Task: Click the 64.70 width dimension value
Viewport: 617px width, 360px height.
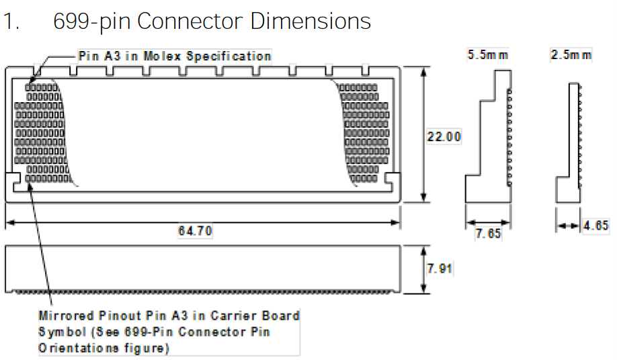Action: (x=195, y=231)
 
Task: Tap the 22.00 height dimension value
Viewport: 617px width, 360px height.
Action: (x=444, y=137)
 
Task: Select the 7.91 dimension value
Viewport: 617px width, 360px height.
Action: (x=440, y=269)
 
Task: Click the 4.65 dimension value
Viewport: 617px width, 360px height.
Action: (x=595, y=226)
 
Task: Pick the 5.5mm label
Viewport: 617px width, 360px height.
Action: (x=488, y=55)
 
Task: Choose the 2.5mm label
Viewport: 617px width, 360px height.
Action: (x=571, y=55)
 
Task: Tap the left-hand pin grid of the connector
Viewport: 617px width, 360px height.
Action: (x=42, y=133)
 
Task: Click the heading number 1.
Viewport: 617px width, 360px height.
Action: (x=9, y=21)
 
